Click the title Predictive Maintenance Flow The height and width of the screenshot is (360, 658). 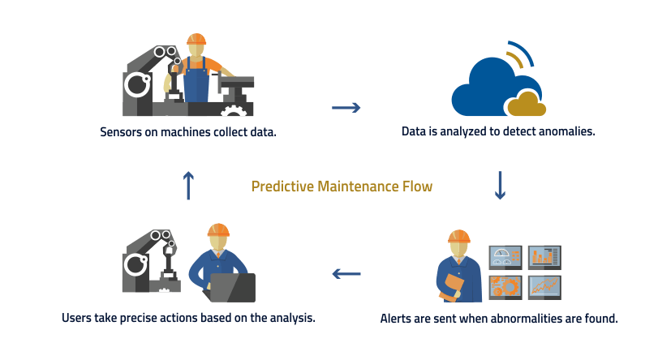pyautogui.click(x=342, y=186)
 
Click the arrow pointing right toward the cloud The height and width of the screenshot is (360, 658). pyautogui.click(x=346, y=107)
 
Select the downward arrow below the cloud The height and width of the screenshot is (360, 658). pyautogui.click(x=500, y=185)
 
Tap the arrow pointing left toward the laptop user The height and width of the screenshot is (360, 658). pyautogui.click(x=346, y=274)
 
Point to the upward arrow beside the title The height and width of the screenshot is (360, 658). pyautogui.click(x=188, y=185)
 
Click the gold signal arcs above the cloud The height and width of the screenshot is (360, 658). pyautogui.click(x=521, y=54)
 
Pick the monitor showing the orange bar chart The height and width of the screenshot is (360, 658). pyautogui.click(x=544, y=257)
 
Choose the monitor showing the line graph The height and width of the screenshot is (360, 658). pyautogui.click(x=544, y=286)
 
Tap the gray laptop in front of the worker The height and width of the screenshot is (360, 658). pyautogui.click(x=232, y=287)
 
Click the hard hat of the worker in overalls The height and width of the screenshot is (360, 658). pyautogui.click(x=196, y=40)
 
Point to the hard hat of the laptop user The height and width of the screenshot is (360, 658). pyautogui.click(x=218, y=230)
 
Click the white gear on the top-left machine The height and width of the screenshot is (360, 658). pyautogui.click(x=234, y=112)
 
